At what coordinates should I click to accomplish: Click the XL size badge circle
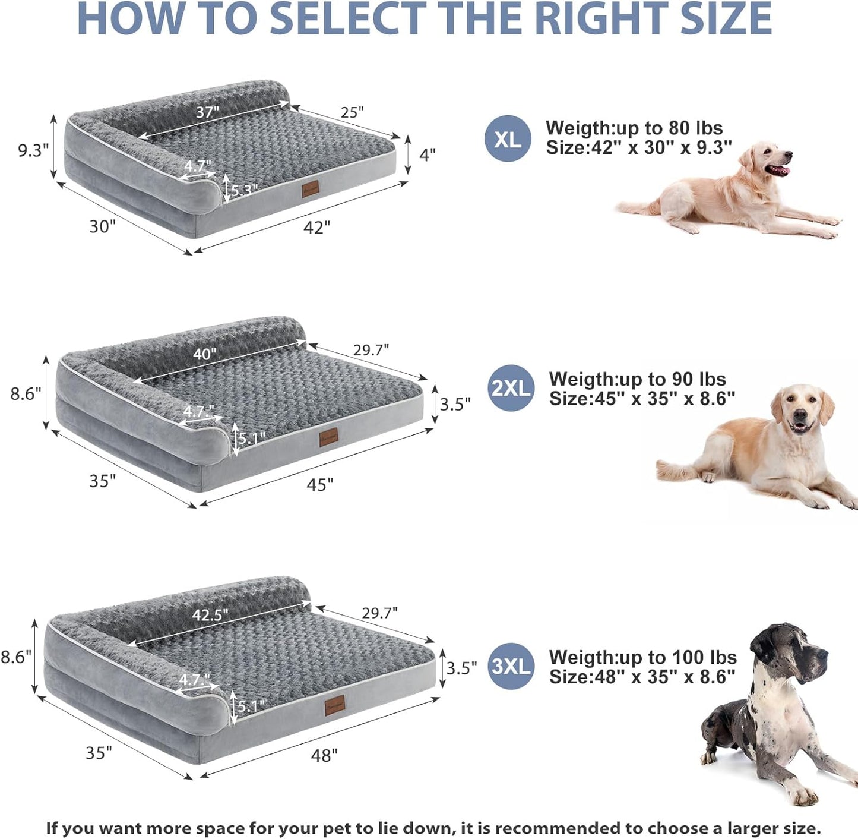click(508, 139)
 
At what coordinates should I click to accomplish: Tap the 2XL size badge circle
click(511, 388)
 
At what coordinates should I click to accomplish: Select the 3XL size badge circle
click(511, 666)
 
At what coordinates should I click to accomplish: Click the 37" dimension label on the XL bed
click(208, 112)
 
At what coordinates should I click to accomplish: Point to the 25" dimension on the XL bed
click(352, 112)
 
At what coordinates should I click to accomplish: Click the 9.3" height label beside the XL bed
click(33, 150)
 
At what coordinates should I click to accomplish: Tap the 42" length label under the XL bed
click(316, 227)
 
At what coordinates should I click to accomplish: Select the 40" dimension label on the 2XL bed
click(204, 354)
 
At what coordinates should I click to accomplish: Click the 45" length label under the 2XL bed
click(319, 485)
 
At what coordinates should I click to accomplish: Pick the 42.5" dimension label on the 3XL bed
click(210, 615)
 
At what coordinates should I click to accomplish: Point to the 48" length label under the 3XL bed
click(324, 755)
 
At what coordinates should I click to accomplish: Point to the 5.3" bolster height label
click(244, 190)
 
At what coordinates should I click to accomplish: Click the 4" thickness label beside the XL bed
click(428, 154)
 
